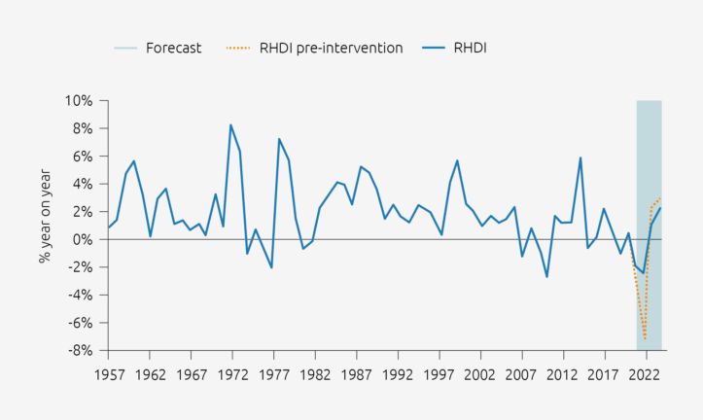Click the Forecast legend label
174,48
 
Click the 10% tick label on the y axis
78,101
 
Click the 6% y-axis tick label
82,157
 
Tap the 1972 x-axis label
231,373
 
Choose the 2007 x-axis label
522,373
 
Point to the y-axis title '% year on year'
45,225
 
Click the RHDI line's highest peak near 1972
230,124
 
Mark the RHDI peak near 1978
279,139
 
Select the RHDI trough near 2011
546,277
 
